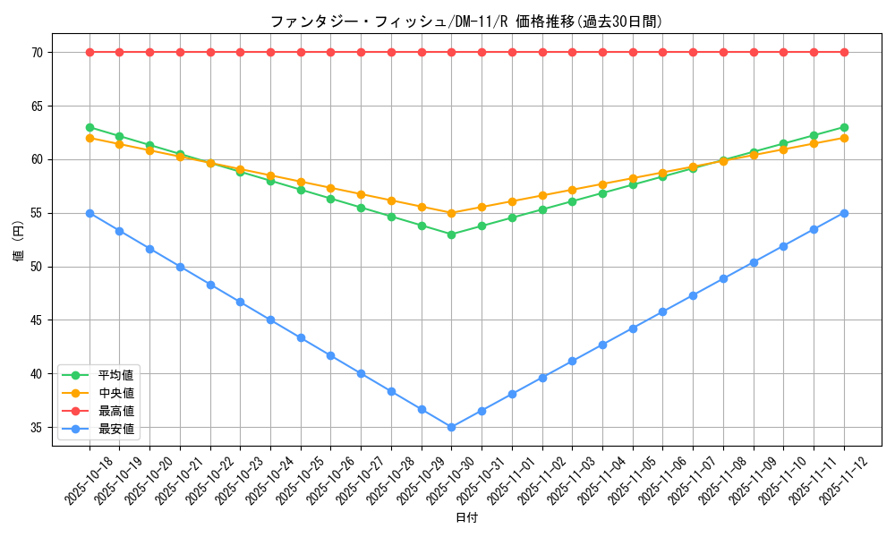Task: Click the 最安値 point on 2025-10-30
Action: [x=451, y=427]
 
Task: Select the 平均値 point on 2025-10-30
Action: [x=451, y=234]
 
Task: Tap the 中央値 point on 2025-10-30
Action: [x=451, y=213]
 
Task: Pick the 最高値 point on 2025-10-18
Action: [x=89, y=52]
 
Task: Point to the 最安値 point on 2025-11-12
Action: [x=844, y=213]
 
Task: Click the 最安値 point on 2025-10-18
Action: [x=89, y=213]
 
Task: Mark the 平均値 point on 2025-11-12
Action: [x=844, y=127]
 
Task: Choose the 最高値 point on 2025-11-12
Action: [x=844, y=52]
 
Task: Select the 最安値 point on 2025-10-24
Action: [x=270, y=320]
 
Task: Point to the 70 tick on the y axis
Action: [x=38, y=52]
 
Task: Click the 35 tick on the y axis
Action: [x=38, y=427]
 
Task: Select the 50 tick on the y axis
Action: [x=38, y=267]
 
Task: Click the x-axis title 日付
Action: [x=466, y=518]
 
